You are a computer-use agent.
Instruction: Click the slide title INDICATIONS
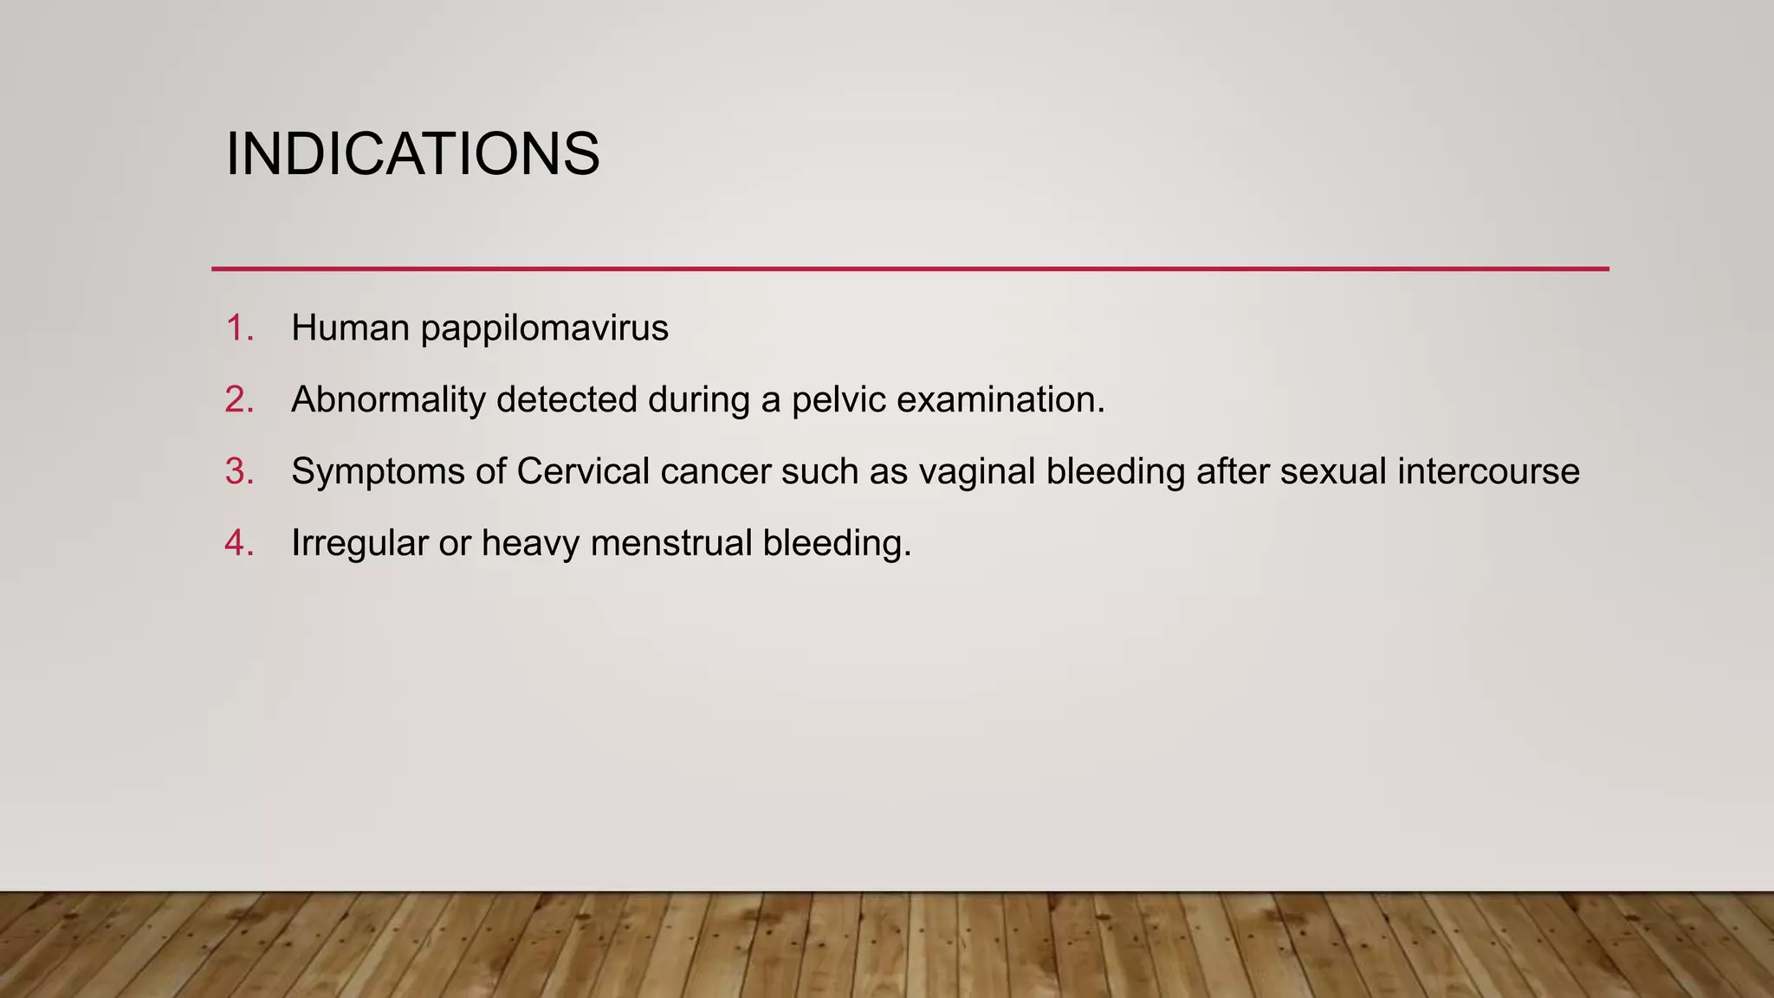click(x=412, y=154)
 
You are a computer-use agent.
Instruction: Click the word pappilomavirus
click(x=544, y=328)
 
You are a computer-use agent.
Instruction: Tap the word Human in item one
click(x=350, y=328)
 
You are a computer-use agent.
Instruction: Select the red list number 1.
click(x=238, y=328)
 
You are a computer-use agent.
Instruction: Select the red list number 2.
click(x=238, y=400)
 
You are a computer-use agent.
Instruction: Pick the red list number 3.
click(x=238, y=472)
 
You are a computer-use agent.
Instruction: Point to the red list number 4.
click(x=238, y=544)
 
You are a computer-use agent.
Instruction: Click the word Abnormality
click(x=388, y=400)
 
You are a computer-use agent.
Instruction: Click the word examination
click(x=1000, y=400)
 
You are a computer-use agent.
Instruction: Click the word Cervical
click(x=583, y=472)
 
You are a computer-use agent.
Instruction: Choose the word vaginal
click(x=976, y=472)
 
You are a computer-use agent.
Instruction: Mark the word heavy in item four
click(x=530, y=544)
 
